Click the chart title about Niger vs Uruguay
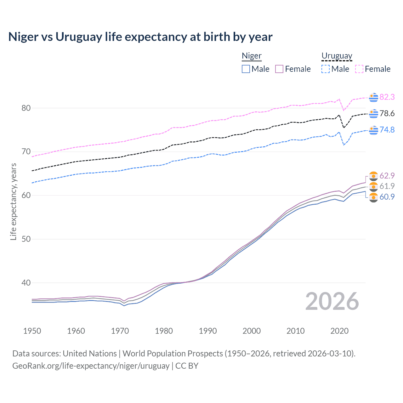140,37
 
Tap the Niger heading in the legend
252,56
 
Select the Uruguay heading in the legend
337,56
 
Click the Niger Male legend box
246,69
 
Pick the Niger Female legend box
279,69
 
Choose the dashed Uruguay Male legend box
326,69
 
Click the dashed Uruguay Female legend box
359,69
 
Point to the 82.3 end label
387,97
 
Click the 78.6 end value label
387,113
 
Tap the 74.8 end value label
387,130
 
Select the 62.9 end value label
387,176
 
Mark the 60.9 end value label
387,197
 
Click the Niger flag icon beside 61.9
373,186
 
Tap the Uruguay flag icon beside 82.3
373,97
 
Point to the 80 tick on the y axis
26,108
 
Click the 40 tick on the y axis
26,283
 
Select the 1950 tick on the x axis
32,331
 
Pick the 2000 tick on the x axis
252,331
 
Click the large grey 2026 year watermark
332,301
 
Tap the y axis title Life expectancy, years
13,201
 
